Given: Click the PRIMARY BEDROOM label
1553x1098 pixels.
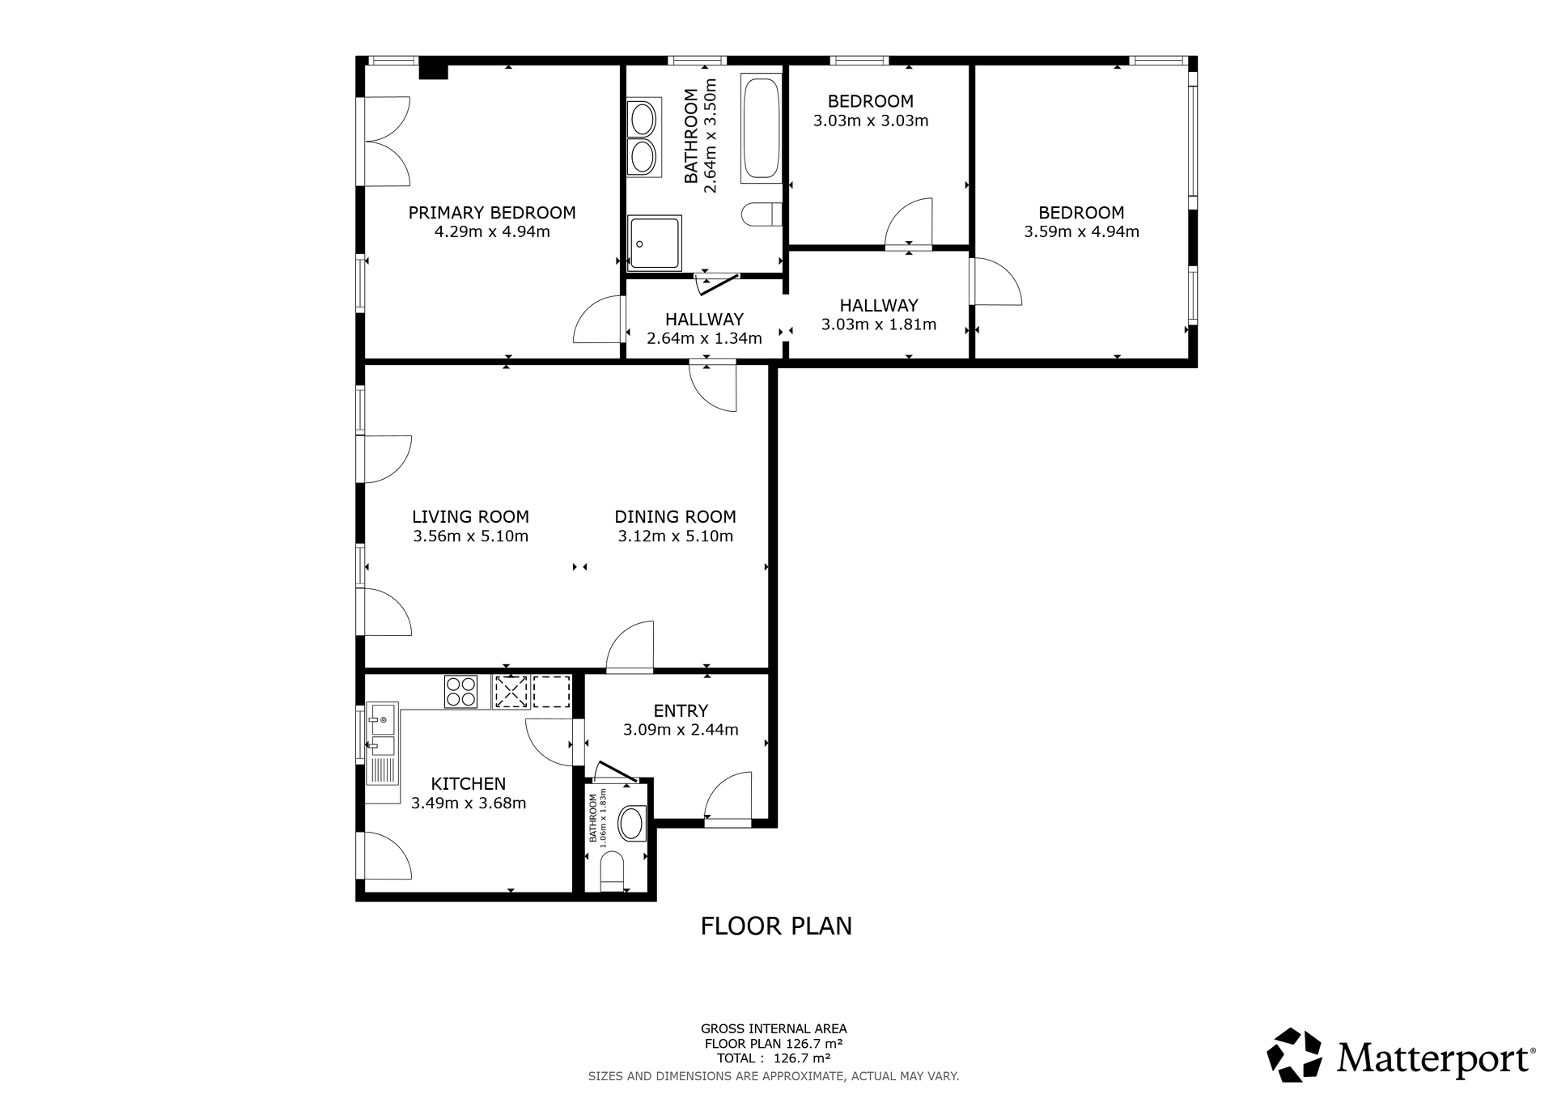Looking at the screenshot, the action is pyautogui.click(x=492, y=213).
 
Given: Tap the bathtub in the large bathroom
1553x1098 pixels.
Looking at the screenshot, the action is pyautogui.click(x=760, y=129).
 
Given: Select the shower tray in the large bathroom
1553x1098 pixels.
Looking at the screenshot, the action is pyautogui.click(x=655, y=243).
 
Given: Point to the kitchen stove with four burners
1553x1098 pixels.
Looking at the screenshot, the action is pyautogui.click(x=461, y=692).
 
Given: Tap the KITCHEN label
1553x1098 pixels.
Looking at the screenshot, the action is pyautogui.click(x=469, y=783).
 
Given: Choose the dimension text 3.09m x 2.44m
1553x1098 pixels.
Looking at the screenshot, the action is pyautogui.click(x=681, y=730).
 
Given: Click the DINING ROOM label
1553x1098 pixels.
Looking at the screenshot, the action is pyautogui.click(x=676, y=516).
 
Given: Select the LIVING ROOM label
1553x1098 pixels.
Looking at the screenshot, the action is pyautogui.click(x=470, y=516).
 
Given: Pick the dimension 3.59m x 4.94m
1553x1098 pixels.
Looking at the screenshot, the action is pyautogui.click(x=1081, y=232).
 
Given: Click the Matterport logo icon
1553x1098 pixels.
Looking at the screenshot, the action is pyautogui.click(x=1294, y=1055).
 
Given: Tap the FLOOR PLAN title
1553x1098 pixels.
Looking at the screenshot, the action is pyautogui.click(x=776, y=926).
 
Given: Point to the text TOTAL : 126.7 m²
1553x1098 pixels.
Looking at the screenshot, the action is pyautogui.click(x=774, y=1058).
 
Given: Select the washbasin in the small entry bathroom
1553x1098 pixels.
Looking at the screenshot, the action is pyautogui.click(x=631, y=825).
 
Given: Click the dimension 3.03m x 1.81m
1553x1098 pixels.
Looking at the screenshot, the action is pyautogui.click(x=879, y=325).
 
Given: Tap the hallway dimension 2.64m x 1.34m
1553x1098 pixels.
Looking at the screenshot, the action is pyautogui.click(x=704, y=338).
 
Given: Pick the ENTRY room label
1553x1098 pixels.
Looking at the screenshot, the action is pyautogui.click(x=681, y=710).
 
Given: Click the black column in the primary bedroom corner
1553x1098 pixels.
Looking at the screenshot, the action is pyautogui.click(x=434, y=71).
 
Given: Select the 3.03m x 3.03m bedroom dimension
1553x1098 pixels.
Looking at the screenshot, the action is pyautogui.click(x=871, y=121).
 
